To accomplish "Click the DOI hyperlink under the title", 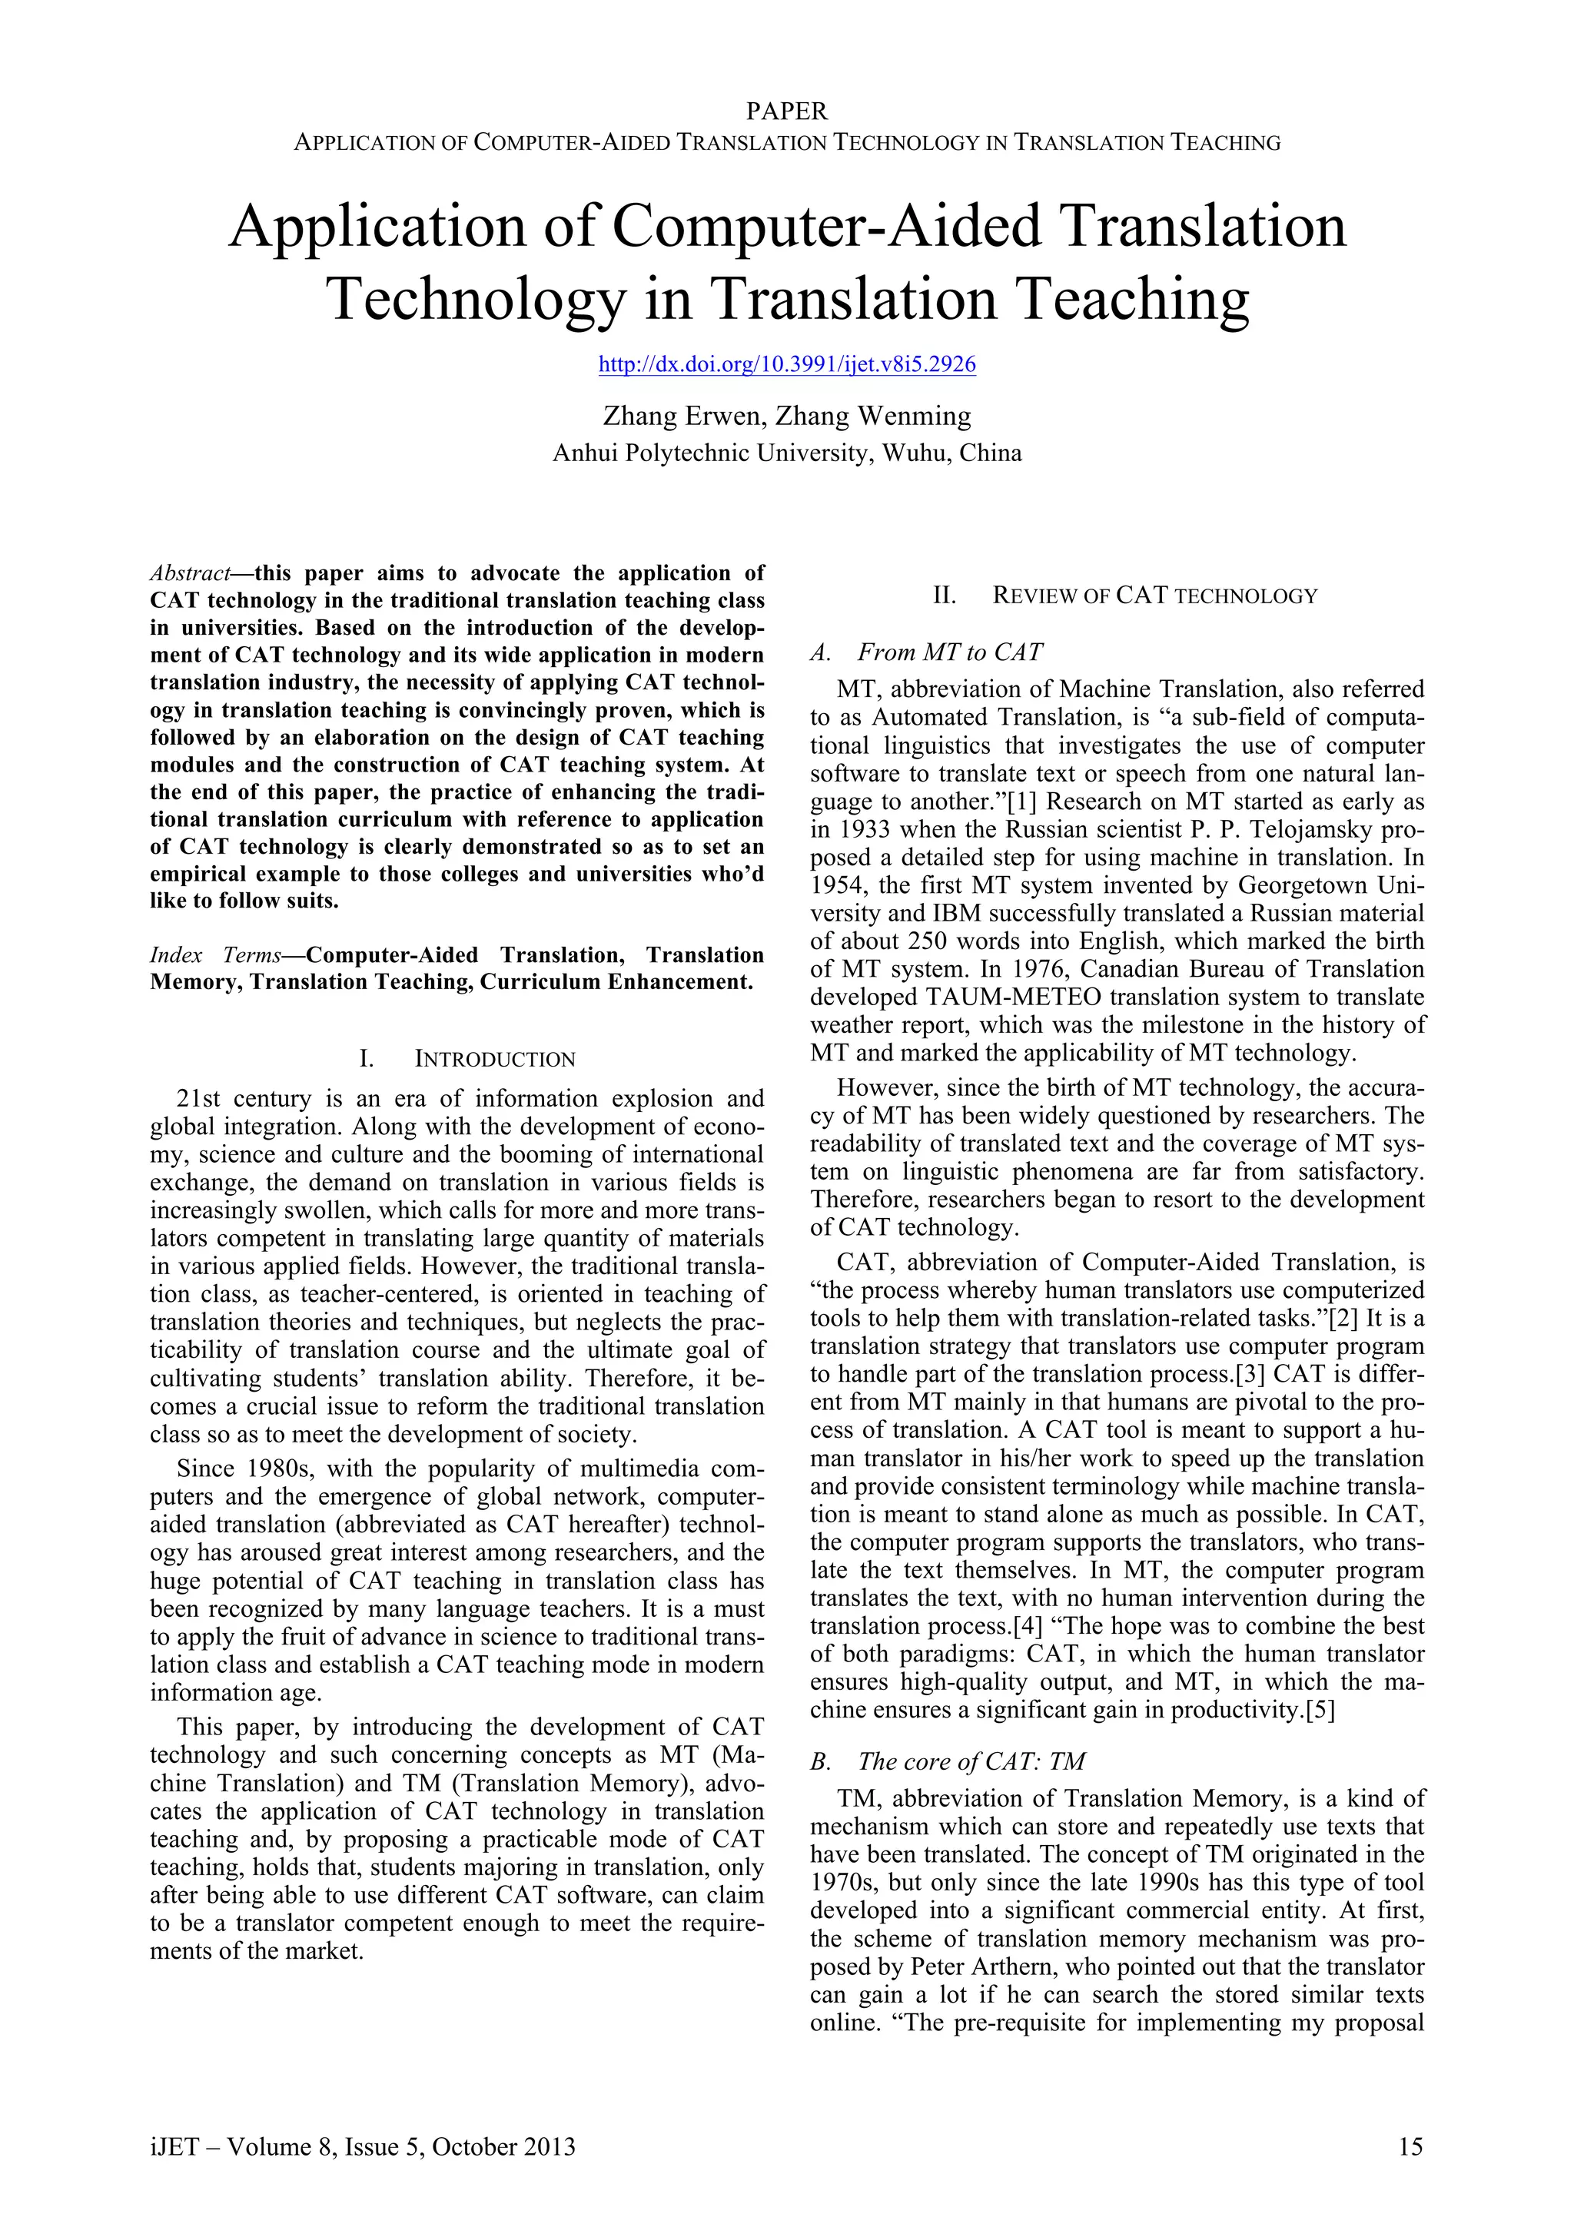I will click(x=786, y=365).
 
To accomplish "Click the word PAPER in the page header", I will click(x=786, y=111).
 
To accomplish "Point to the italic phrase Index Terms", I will click(x=215, y=954).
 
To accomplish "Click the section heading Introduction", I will click(x=495, y=1059).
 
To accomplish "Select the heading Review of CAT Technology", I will click(x=1154, y=596).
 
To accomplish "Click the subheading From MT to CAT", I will click(x=951, y=652).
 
